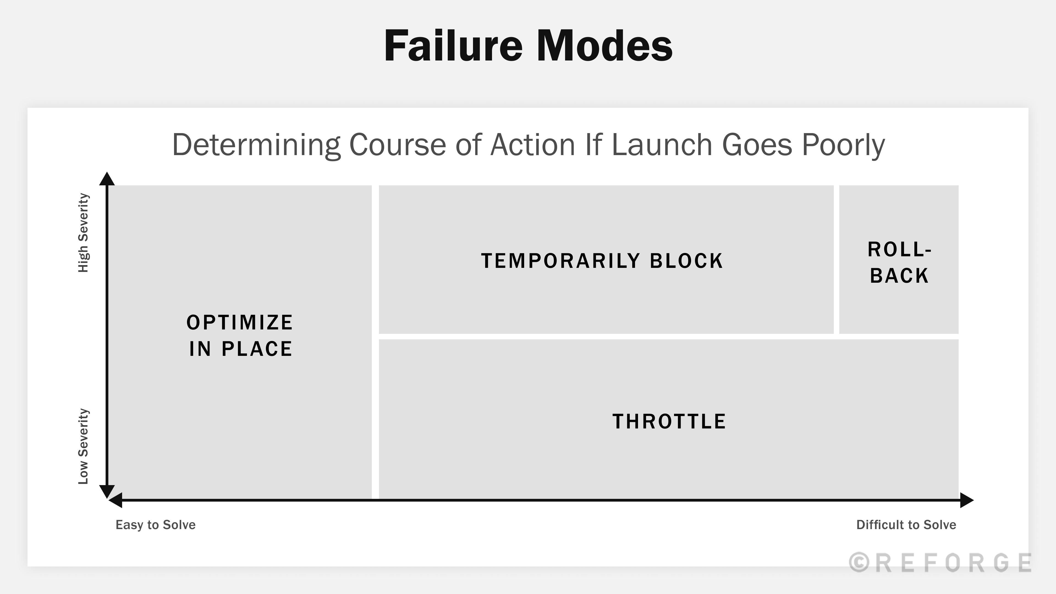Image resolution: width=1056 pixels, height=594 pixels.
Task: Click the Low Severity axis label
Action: point(83,446)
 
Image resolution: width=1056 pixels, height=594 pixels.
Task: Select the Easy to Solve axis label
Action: point(155,525)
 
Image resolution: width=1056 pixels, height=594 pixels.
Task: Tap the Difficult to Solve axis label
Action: point(906,525)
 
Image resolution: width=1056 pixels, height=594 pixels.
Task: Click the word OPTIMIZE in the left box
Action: point(240,323)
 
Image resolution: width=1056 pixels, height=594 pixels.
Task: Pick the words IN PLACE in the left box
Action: point(241,349)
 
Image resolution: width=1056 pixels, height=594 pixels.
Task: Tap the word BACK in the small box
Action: point(899,276)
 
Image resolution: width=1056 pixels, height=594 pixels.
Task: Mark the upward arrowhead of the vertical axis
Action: point(107,179)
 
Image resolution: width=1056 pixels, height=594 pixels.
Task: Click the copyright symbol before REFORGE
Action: point(859,562)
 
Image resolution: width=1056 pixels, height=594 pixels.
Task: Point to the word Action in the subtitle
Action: point(533,145)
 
